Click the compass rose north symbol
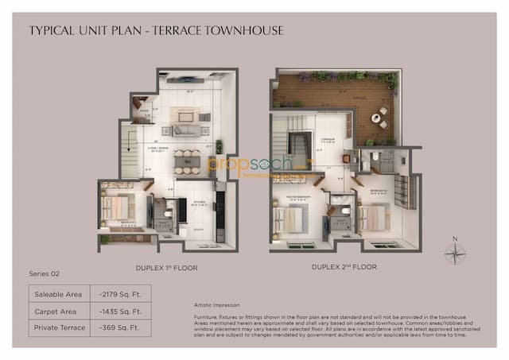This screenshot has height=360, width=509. point(454,253)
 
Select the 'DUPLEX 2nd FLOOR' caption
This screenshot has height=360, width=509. point(344,267)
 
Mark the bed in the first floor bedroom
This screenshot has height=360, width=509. point(117,208)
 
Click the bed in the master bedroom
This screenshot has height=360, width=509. point(289,219)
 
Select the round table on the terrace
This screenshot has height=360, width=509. point(383,114)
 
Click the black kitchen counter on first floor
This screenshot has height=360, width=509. point(220,209)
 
